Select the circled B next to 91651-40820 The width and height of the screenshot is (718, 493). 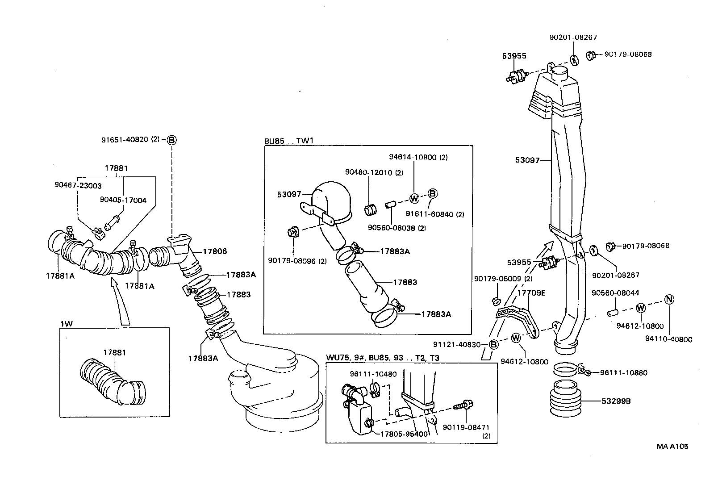(171, 140)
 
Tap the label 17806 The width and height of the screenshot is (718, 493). (215, 251)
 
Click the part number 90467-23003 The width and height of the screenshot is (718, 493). (78, 185)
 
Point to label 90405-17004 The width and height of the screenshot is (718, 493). (123, 201)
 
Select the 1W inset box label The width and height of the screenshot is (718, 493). (66, 323)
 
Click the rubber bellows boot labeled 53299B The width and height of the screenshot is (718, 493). (566, 400)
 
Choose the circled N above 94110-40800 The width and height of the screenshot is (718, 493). (669, 299)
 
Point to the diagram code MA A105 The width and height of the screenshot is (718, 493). (672, 446)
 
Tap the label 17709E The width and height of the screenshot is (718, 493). (531, 292)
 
